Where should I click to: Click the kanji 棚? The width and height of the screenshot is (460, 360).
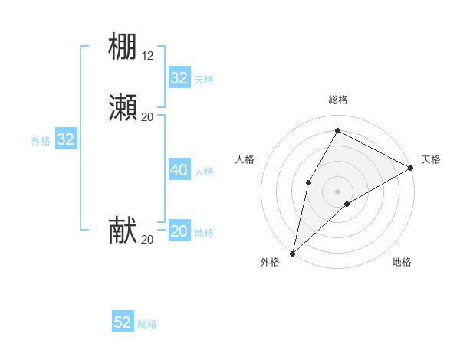click(x=123, y=46)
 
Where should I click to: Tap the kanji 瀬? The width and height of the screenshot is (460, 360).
click(x=123, y=107)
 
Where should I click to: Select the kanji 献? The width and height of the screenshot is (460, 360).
click(x=123, y=231)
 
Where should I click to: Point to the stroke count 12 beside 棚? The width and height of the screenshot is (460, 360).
click(x=148, y=56)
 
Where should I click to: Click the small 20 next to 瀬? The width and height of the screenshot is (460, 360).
click(x=148, y=116)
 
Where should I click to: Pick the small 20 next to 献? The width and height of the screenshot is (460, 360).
click(x=148, y=240)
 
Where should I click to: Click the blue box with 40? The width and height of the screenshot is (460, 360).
click(x=179, y=170)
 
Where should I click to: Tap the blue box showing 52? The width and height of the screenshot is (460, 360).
click(x=123, y=322)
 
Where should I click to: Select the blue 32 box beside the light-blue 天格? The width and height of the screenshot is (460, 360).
click(x=179, y=78)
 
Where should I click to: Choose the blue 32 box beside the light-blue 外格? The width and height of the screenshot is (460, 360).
click(x=66, y=139)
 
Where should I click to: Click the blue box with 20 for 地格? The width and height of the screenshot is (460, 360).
click(x=179, y=231)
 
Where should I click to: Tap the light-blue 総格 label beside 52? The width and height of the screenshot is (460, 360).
click(x=148, y=324)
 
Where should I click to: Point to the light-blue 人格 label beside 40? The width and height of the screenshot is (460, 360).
click(x=205, y=172)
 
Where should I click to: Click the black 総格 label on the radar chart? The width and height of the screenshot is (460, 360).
click(x=337, y=100)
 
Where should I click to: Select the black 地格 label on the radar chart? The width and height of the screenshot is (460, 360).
click(x=402, y=263)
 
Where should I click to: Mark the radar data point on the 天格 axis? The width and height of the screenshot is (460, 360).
click(x=411, y=168)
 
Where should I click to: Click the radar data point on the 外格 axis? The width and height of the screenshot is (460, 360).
click(x=292, y=254)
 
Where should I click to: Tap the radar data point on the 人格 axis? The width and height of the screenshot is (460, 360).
click(x=308, y=182)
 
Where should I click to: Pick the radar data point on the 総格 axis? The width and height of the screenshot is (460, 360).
click(x=337, y=129)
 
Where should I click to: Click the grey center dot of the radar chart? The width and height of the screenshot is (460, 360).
click(x=337, y=191)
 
